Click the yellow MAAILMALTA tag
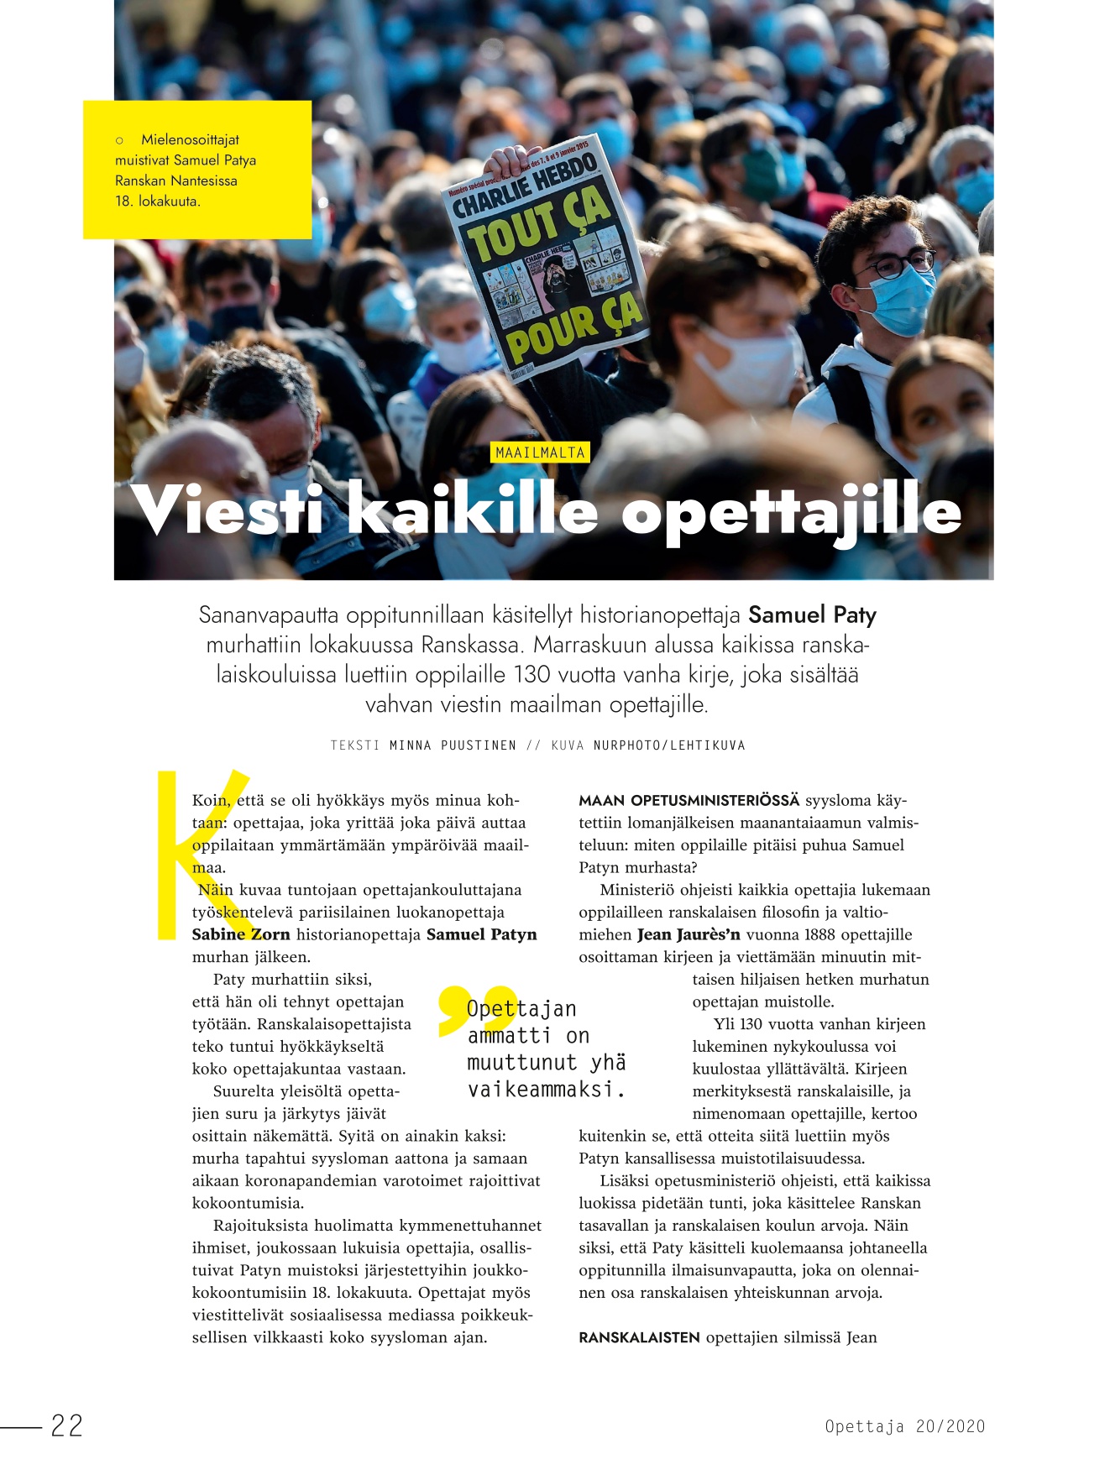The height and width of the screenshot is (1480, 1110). click(x=540, y=452)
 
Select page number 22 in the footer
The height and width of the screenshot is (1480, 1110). click(x=67, y=1425)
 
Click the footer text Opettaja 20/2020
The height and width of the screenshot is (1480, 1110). click(x=904, y=1426)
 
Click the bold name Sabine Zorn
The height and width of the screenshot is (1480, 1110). click(x=241, y=934)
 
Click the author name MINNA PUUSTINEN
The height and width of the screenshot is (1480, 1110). click(x=453, y=745)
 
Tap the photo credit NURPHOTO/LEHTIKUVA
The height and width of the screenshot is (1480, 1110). click(x=669, y=745)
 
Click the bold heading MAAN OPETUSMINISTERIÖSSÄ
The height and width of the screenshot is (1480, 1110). click(x=689, y=800)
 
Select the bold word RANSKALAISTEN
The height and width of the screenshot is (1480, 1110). click(x=639, y=1337)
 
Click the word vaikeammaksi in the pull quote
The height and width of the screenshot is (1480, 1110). click(x=547, y=1090)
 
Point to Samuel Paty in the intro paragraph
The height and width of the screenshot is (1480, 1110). click(x=812, y=615)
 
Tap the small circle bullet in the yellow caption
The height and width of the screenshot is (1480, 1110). click(x=119, y=140)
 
